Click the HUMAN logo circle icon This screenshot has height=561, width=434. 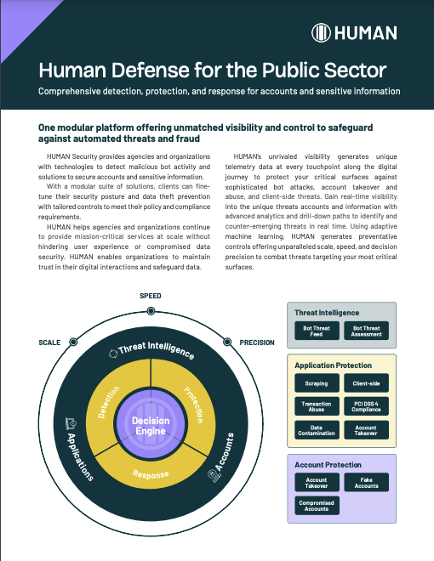click(x=321, y=33)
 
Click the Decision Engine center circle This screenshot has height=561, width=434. click(x=151, y=425)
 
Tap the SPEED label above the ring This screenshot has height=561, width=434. click(x=151, y=296)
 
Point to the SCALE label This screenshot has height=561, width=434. click(x=49, y=343)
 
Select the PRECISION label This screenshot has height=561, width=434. click(x=257, y=343)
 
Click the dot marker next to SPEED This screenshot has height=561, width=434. click(x=151, y=311)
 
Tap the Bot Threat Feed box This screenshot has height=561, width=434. click(x=317, y=331)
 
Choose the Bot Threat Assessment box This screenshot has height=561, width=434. click(x=366, y=331)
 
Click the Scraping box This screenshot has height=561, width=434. click(x=317, y=383)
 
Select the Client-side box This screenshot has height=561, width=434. click(x=366, y=383)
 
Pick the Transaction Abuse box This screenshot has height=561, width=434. click(x=317, y=406)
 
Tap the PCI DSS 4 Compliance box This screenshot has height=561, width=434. click(x=366, y=406)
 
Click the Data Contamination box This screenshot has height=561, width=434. click(x=317, y=430)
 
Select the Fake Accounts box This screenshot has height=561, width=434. click(x=366, y=482)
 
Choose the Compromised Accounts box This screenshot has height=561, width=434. click(x=317, y=506)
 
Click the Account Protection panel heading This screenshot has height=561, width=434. click(x=328, y=465)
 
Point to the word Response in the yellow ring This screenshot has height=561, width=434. click(x=151, y=474)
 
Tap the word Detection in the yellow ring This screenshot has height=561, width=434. click(x=109, y=402)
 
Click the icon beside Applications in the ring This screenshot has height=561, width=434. click(x=71, y=423)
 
